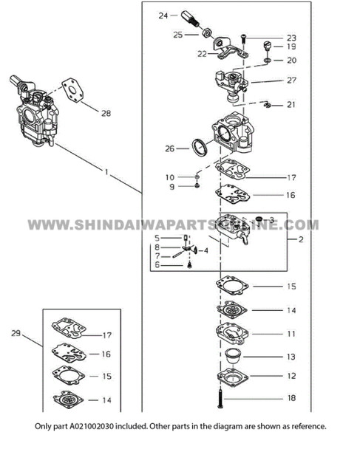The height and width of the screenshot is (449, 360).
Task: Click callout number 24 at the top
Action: pos(163,14)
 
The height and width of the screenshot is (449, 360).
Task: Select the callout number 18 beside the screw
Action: pos(291,398)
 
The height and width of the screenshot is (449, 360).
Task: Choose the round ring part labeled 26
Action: pos(199,147)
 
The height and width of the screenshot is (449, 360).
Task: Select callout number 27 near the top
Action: pos(291,79)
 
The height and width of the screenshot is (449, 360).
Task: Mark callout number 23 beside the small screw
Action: pos(291,37)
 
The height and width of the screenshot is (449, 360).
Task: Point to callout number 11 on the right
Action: pos(291,334)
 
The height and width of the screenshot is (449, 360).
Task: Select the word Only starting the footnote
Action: pos(44,427)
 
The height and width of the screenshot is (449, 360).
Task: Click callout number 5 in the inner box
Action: pos(157,237)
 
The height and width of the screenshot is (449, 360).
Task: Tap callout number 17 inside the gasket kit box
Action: pos(106,335)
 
